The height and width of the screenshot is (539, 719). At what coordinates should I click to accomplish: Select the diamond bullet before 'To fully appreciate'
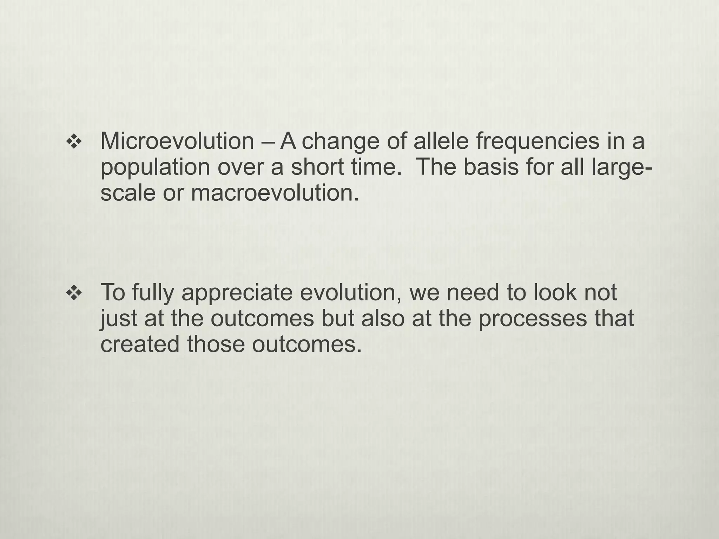pos(74,293)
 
